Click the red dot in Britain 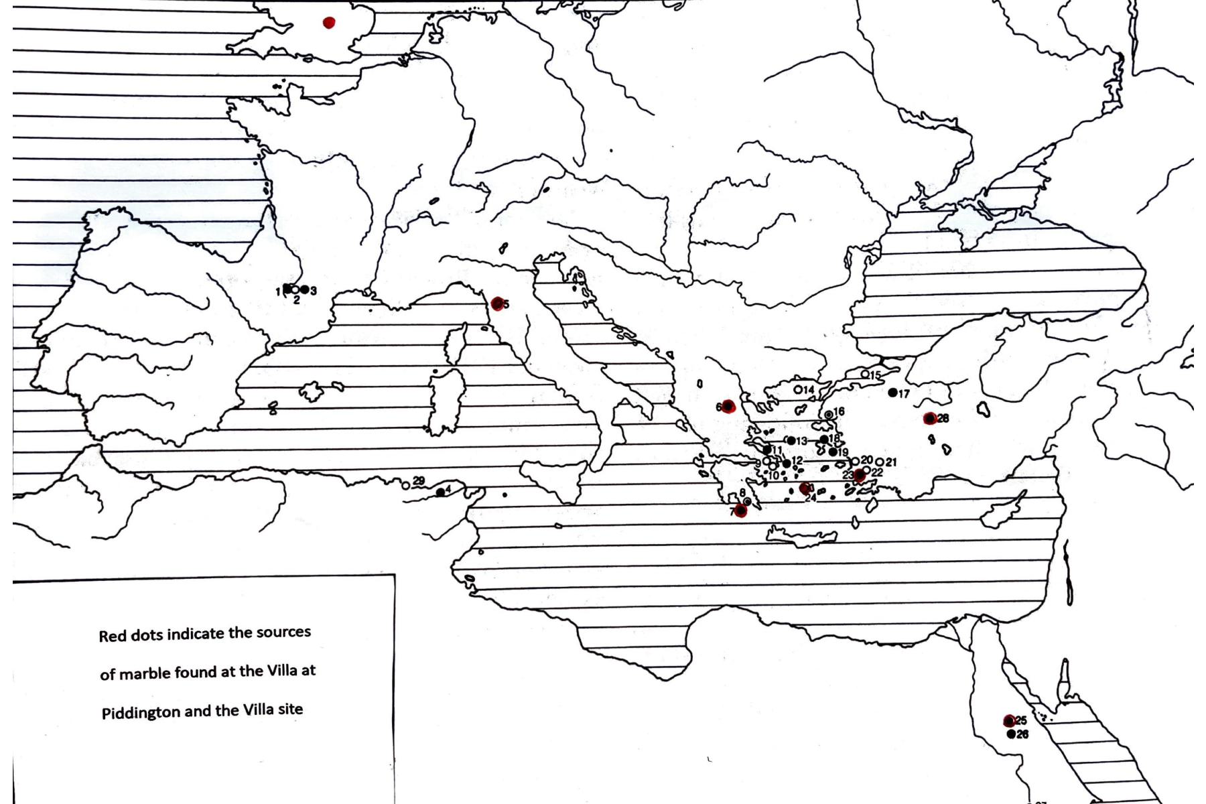328,23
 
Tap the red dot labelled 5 497,304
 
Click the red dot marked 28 930,419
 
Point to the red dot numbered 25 1009,721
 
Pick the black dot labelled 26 1011,734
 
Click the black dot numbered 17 892,393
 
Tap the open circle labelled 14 798,389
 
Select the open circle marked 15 865,374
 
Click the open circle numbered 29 406,486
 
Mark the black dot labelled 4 440,492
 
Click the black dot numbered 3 305,289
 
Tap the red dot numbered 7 740,511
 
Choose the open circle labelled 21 879,462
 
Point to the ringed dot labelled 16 829,415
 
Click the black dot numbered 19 833,452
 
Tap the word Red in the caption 111,636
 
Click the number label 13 802,442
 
